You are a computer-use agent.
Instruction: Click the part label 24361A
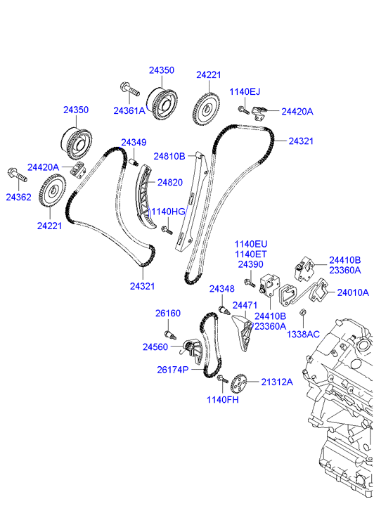[129, 111]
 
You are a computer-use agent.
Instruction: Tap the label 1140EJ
[245, 91]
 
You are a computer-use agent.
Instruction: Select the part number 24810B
[169, 157]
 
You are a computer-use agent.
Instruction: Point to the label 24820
[170, 183]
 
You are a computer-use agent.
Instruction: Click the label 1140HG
[168, 212]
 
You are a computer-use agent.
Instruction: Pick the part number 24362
[18, 197]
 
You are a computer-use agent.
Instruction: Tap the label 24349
[134, 143]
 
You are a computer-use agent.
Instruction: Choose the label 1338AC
[303, 335]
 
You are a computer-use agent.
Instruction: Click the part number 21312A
[277, 382]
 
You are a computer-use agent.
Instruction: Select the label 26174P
[173, 370]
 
